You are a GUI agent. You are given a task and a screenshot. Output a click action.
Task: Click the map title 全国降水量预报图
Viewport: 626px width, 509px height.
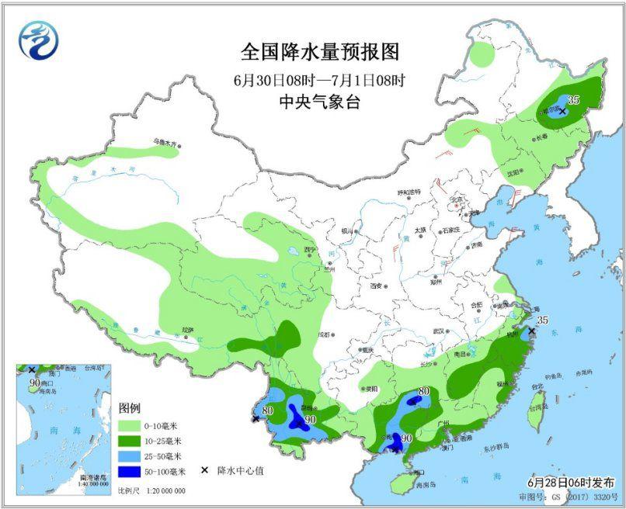click(x=319, y=52)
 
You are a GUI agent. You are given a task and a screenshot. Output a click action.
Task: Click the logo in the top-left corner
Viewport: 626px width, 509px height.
click(x=39, y=40)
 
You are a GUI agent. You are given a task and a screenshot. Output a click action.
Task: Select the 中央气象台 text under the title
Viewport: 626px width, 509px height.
click(x=319, y=102)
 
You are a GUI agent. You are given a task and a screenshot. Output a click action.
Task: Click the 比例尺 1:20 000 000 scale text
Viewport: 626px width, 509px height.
click(x=151, y=490)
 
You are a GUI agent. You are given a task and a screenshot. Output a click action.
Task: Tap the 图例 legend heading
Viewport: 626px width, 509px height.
click(x=129, y=408)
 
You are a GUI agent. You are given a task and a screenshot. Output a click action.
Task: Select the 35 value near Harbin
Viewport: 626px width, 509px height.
click(x=574, y=99)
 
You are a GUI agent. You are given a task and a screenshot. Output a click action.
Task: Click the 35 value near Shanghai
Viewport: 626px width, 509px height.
click(x=542, y=320)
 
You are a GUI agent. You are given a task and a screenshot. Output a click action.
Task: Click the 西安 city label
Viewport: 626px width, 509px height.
click(x=377, y=286)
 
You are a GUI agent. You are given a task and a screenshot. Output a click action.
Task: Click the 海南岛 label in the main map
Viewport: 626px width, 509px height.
click(x=419, y=485)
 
